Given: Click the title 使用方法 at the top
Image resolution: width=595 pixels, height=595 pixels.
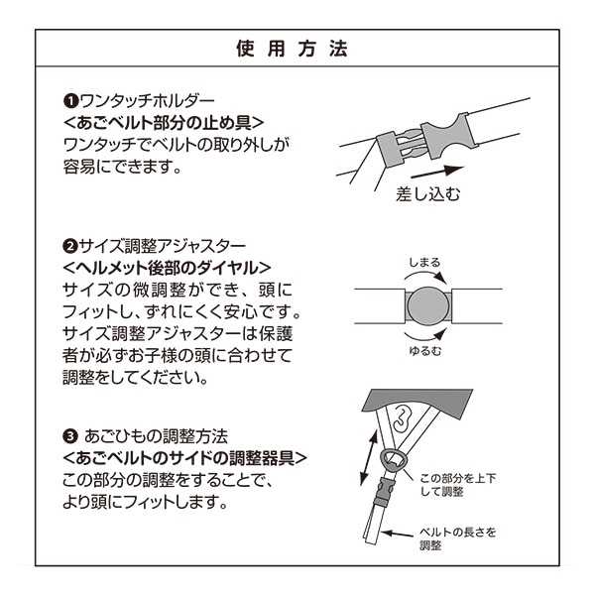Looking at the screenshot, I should pos(297,48).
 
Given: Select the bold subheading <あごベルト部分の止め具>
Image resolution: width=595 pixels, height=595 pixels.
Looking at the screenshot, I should pos(163,124).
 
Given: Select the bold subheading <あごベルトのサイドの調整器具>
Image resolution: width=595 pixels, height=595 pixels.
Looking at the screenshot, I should pos(184,458).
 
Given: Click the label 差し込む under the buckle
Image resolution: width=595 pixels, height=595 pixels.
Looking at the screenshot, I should pos(428,192).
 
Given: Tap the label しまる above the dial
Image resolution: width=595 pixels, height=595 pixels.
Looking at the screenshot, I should pos(425,263).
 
